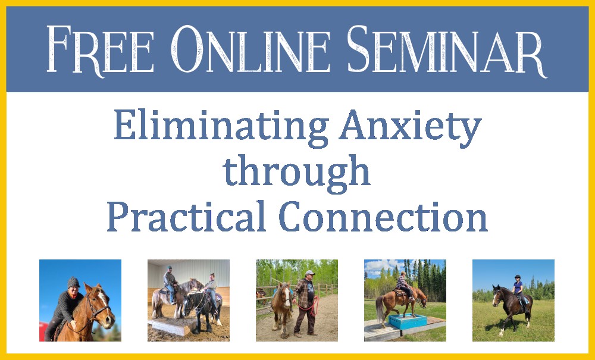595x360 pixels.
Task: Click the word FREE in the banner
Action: tap(100, 50)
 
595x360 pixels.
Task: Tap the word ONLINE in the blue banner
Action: tap(251, 49)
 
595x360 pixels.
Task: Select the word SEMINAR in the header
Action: tap(447, 50)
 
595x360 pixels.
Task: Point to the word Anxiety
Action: tap(410, 128)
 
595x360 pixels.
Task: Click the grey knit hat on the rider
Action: tap(73, 282)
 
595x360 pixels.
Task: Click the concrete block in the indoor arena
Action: tap(173, 326)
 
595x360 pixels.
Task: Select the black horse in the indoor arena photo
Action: tap(201, 309)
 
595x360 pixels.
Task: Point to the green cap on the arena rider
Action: tap(169, 267)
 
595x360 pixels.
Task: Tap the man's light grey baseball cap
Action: tap(310, 273)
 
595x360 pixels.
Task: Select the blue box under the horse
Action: tap(408, 322)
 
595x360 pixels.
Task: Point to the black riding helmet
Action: tap(517, 277)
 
